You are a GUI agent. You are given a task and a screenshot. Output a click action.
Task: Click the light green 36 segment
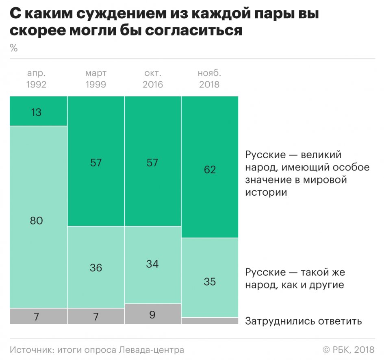tap(96, 267)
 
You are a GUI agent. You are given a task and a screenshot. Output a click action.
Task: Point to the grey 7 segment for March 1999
tap(96, 316)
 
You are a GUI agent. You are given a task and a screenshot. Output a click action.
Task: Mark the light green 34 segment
tap(153, 264)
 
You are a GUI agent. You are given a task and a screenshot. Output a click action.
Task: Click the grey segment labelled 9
tap(153, 314)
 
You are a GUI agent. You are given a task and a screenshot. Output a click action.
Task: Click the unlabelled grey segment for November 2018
tap(210, 321)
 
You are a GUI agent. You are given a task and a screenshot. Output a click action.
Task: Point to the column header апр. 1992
tap(37, 79)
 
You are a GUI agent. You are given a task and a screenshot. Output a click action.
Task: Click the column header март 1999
tap(96, 79)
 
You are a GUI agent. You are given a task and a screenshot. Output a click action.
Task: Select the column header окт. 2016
tap(153, 79)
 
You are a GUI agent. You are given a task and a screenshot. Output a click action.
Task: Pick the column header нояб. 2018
tap(209, 79)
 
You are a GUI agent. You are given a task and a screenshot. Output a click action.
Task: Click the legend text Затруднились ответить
tap(303, 321)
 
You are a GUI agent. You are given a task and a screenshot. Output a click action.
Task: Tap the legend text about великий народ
tap(307, 173)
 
